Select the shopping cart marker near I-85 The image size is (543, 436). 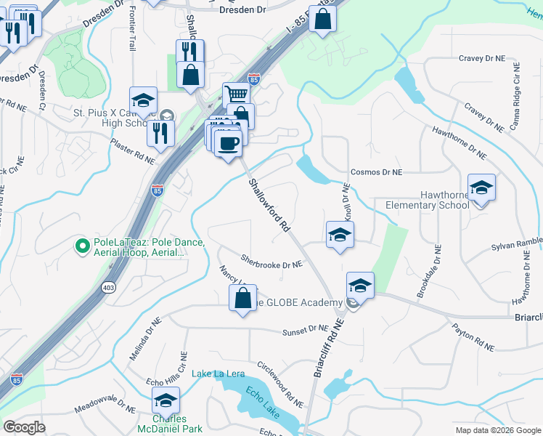[x=236, y=94]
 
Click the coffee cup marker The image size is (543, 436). [x=229, y=143]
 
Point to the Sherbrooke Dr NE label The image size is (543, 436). [x=271, y=261]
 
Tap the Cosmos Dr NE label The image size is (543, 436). [x=376, y=172]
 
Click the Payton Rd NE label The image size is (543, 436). [x=473, y=339]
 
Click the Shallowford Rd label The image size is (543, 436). [x=269, y=206]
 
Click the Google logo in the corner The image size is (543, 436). [x=24, y=427]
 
